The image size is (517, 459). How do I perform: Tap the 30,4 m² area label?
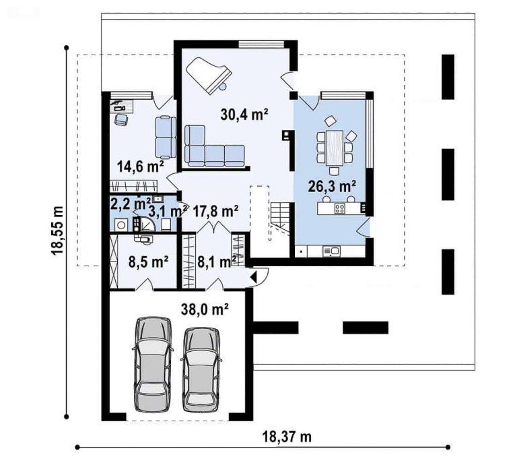(244, 115)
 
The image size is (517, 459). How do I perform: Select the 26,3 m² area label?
(332, 186)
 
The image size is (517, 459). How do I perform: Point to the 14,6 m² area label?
(141, 166)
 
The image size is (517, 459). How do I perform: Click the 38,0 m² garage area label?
(205, 309)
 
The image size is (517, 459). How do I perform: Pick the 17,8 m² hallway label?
(216, 211)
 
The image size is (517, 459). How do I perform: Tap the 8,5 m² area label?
(149, 262)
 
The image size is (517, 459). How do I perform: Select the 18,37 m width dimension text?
(287, 437)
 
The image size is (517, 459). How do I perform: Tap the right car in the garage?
(201, 369)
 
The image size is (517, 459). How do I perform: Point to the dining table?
(335, 148)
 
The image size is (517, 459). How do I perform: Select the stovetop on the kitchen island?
(339, 208)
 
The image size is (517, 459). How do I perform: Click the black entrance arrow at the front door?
(254, 277)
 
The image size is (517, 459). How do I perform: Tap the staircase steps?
(280, 215)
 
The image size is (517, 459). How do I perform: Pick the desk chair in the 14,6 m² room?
(121, 119)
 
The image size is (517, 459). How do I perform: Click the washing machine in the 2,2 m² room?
(121, 225)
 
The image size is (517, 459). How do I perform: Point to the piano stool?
(223, 86)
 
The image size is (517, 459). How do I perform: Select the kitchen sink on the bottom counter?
(331, 251)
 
